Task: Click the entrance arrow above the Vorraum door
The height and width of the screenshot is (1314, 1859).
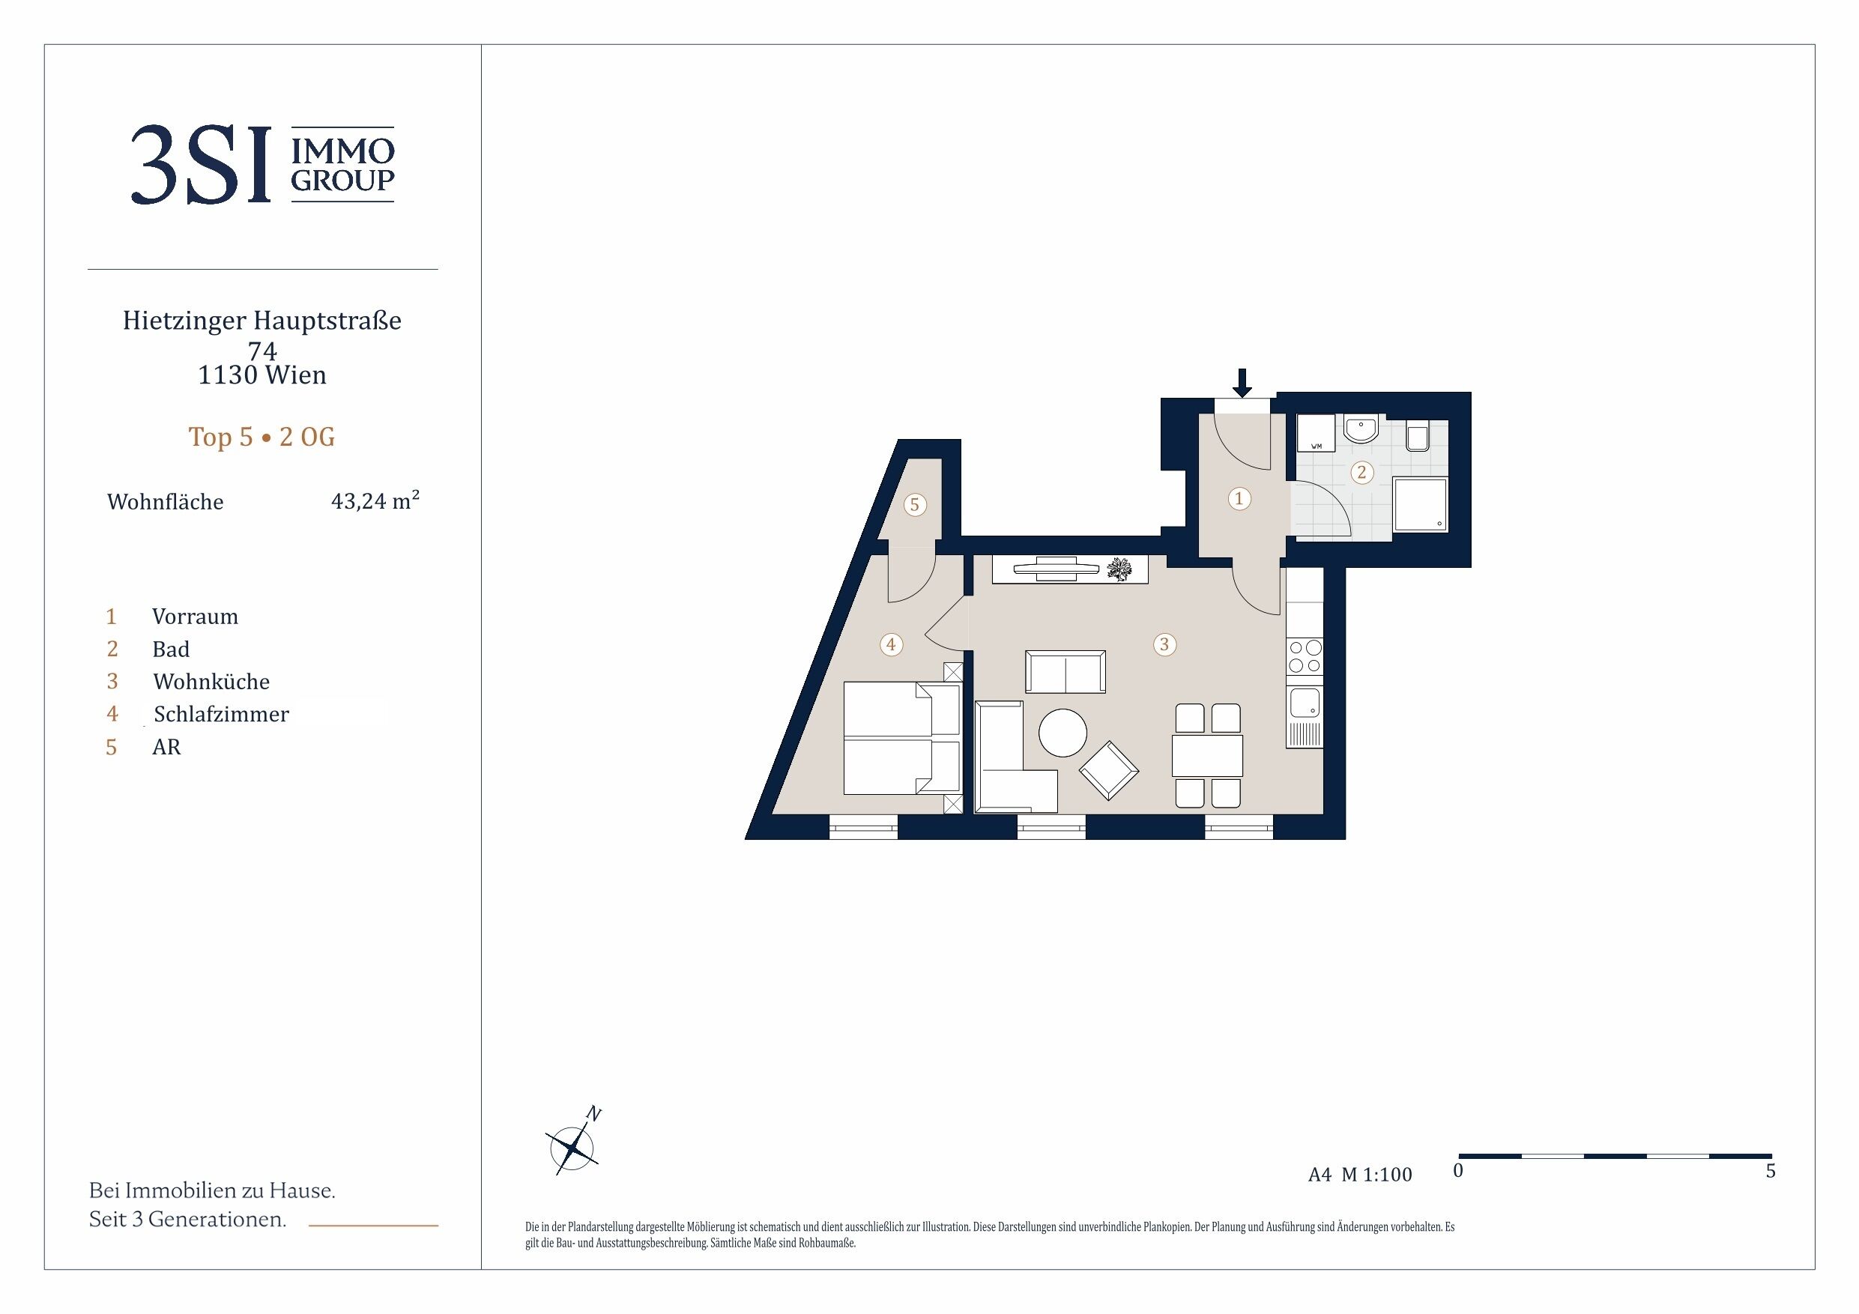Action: [x=1242, y=382]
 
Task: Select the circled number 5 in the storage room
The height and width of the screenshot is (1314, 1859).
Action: [x=915, y=504]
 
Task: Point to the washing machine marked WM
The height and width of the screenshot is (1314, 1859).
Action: [x=1316, y=433]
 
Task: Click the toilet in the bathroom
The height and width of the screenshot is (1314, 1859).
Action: [x=1418, y=435]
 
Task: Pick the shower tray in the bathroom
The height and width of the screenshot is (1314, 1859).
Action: [x=1420, y=504]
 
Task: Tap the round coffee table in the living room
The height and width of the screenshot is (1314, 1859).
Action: [x=1063, y=733]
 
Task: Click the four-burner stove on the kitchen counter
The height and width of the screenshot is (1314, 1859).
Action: [x=1305, y=656]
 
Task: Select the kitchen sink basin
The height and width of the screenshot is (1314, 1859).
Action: [x=1305, y=702]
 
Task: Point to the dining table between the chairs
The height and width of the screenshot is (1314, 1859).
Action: [x=1207, y=754]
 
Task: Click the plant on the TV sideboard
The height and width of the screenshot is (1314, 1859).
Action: [x=1122, y=569]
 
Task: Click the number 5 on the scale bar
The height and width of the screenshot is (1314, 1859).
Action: [x=1771, y=1171]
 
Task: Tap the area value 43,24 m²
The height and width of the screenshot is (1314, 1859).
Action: [x=375, y=500]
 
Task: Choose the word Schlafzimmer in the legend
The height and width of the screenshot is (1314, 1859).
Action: [x=221, y=714]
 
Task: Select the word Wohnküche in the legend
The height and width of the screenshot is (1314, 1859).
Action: [x=211, y=681]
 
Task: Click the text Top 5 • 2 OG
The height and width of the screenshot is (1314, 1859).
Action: [x=262, y=437]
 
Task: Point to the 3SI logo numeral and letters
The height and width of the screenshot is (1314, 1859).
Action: [x=201, y=164]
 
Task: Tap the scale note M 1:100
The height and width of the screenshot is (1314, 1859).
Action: [x=1376, y=1175]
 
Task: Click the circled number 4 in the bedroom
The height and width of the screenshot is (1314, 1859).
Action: [x=891, y=644]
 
